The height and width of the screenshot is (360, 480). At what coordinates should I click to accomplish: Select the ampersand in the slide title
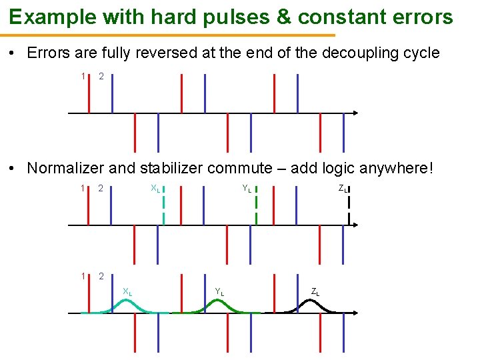click(x=283, y=17)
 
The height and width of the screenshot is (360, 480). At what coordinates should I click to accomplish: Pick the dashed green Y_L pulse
click(x=256, y=207)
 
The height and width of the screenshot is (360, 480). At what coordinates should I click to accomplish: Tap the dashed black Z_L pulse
click(x=348, y=207)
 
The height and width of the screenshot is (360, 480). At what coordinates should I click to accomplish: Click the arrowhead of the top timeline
click(x=356, y=113)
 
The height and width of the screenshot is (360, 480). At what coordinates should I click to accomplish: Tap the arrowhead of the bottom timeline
click(x=356, y=313)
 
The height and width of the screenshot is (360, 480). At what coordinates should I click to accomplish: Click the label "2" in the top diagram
click(x=101, y=77)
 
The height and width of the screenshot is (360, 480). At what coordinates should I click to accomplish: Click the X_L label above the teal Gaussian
click(x=127, y=291)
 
